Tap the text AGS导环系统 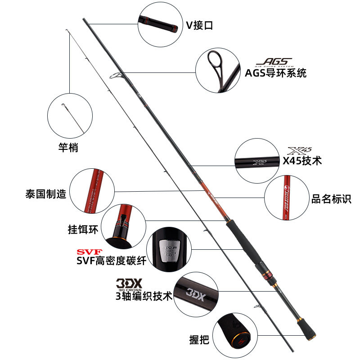pos(276,73)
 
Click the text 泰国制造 pos(46,194)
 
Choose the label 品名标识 pos(331,198)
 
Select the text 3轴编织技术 pos(144,296)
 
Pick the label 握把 pos(199,340)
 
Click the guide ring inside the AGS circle pos(215,61)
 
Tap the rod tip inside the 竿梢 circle pos(64,107)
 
